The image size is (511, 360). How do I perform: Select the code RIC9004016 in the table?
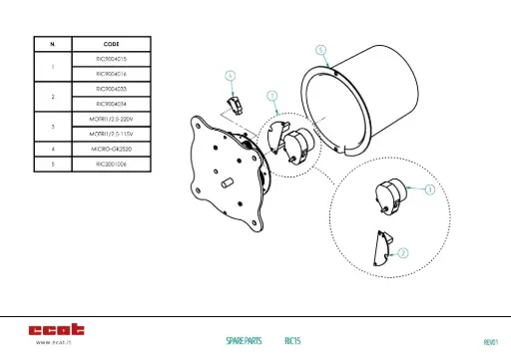point(111,74)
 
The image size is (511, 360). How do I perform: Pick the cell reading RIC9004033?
point(111,89)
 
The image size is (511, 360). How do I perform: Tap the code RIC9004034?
point(111,103)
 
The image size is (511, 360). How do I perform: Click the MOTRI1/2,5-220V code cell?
point(111,118)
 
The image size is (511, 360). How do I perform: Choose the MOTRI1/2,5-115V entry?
point(111,133)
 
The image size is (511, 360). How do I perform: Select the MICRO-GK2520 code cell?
point(111,148)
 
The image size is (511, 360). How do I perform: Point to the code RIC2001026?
point(111,163)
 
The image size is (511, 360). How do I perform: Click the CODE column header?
point(111,44)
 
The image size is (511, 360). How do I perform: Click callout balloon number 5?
point(319,48)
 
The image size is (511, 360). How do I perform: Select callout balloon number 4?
point(230,75)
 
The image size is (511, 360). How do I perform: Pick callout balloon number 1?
point(271,95)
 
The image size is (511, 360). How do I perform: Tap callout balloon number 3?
point(428,188)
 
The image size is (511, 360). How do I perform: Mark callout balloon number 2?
point(402,253)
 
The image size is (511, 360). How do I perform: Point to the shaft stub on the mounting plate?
point(229,182)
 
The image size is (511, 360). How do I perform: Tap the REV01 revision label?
point(490,341)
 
